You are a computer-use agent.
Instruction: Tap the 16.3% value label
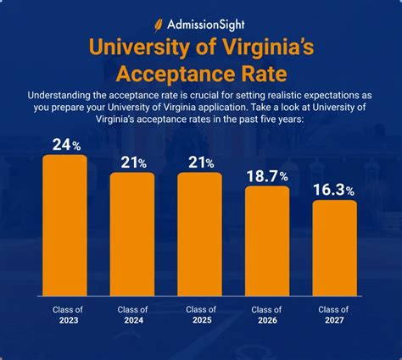tap(335, 190)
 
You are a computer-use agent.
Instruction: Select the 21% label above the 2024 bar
tap(132, 162)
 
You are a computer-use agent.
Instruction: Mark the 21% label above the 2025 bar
tap(200, 162)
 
